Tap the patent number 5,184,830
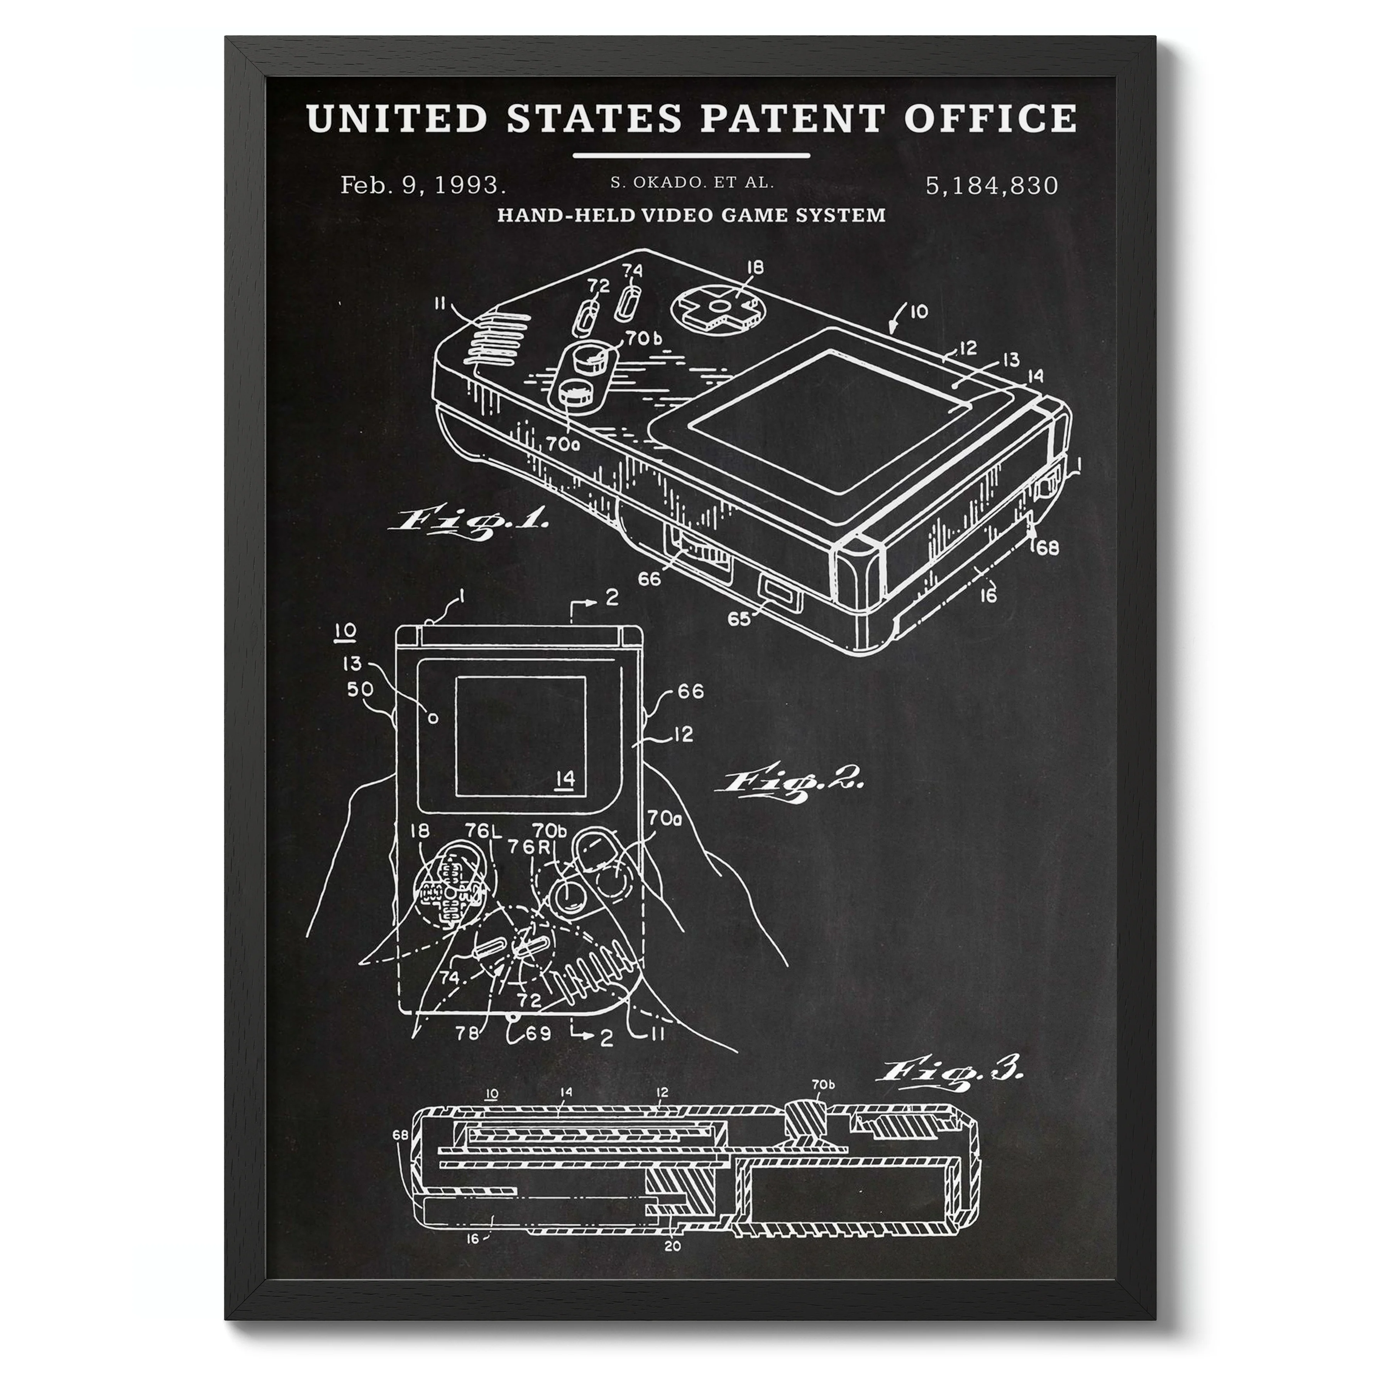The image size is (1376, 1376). [x=992, y=185]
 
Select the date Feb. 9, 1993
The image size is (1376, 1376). [x=423, y=185]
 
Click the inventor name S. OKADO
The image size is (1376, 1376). [x=652, y=182]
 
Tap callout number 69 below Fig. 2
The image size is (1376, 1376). [x=538, y=1033]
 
